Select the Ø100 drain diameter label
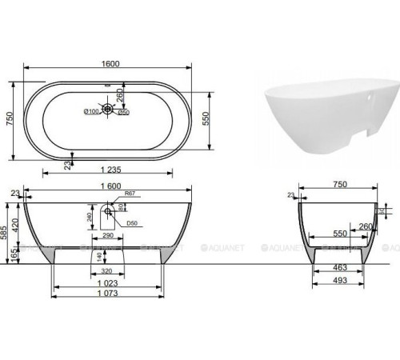point(90,111)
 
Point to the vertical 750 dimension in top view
point(10,118)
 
